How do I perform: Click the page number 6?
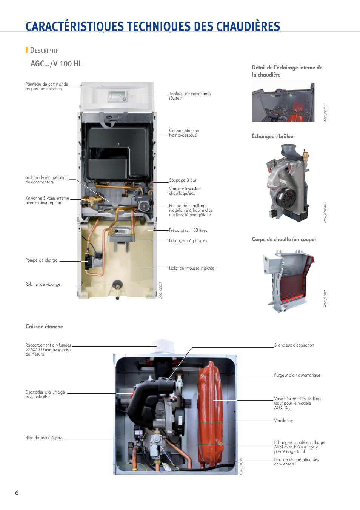pyautogui.click(x=17, y=492)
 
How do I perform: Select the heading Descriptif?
pyautogui.click(x=44, y=50)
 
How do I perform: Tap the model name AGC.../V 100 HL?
pyautogui.click(x=56, y=64)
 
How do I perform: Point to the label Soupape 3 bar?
pyautogui.click(x=183, y=180)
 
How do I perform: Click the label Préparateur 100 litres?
pyautogui.click(x=188, y=230)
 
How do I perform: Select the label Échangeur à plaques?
pyautogui.click(x=188, y=240)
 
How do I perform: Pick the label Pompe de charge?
pyautogui.click(x=42, y=260)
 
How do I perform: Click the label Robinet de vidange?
pyautogui.click(x=43, y=284)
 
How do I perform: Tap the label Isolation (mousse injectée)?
pyautogui.click(x=192, y=268)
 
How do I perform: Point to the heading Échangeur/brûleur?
pyautogui.click(x=273, y=136)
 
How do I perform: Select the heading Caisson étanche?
pyautogui.click(x=44, y=327)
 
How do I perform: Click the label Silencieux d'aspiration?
pyautogui.click(x=294, y=345)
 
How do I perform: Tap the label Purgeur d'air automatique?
pyautogui.click(x=297, y=375)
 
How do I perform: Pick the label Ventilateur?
pyautogui.click(x=283, y=421)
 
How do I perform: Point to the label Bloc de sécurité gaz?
pyautogui.click(x=43, y=438)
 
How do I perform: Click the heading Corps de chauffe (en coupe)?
pyautogui.click(x=284, y=239)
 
